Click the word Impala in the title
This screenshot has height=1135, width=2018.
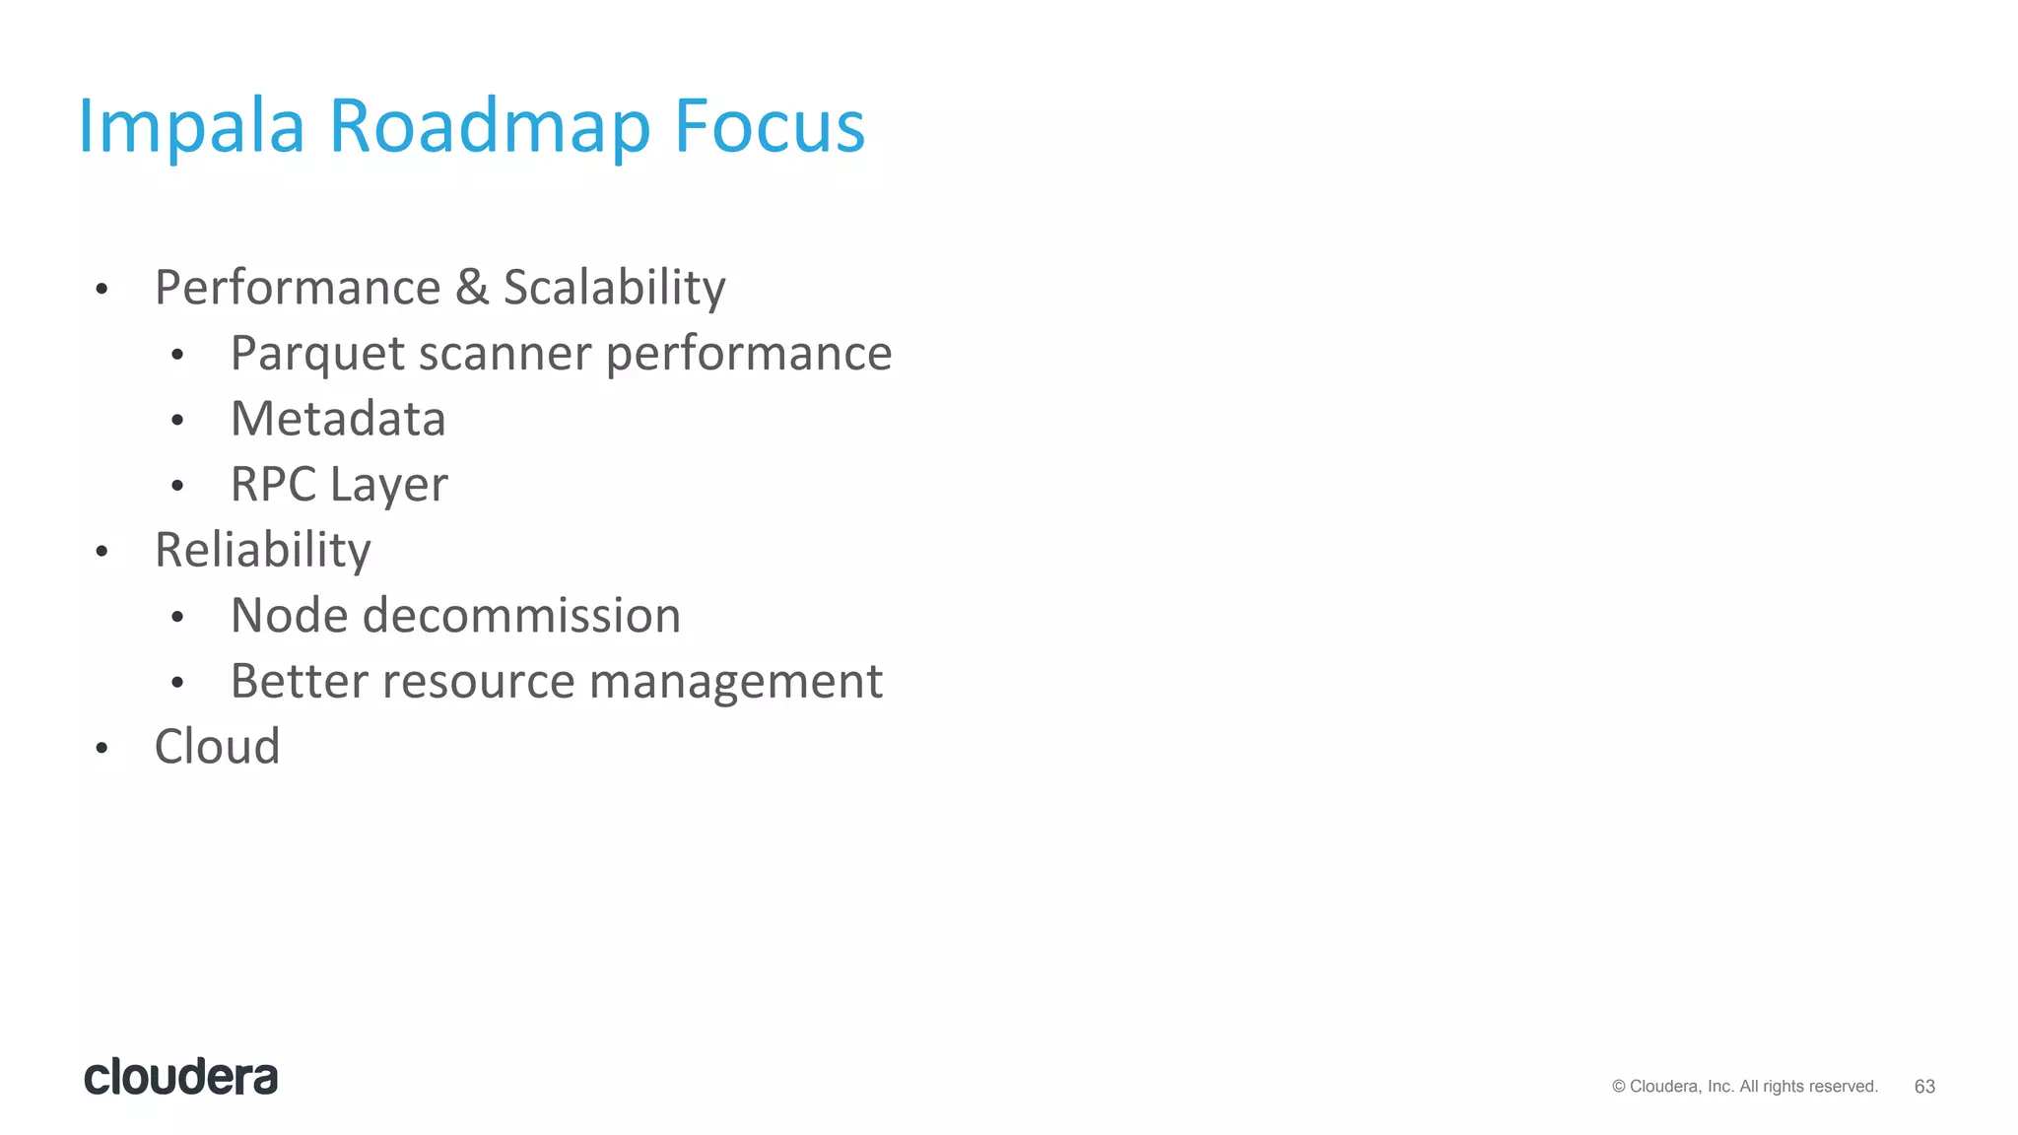click(191, 127)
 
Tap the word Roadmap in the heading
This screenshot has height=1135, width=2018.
click(489, 127)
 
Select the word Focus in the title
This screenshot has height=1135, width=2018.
click(769, 127)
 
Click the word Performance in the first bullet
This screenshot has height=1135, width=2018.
click(298, 288)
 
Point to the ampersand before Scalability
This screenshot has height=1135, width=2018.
click(472, 288)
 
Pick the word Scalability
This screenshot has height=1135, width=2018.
click(614, 288)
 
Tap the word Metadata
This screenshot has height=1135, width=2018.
click(338, 419)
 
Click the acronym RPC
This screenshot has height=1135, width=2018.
click(273, 485)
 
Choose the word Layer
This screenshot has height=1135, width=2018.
click(388, 485)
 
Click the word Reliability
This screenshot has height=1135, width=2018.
click(262, 550)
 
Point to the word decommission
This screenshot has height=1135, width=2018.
click(521, 616)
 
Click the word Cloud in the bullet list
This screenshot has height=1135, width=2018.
click(217, 746)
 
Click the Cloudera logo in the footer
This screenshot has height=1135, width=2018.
click(181, 1077)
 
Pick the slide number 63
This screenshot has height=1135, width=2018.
click(1924, 1087)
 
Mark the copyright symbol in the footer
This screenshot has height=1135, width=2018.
click(1619, 1087)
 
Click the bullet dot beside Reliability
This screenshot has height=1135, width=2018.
click(101, 552)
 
